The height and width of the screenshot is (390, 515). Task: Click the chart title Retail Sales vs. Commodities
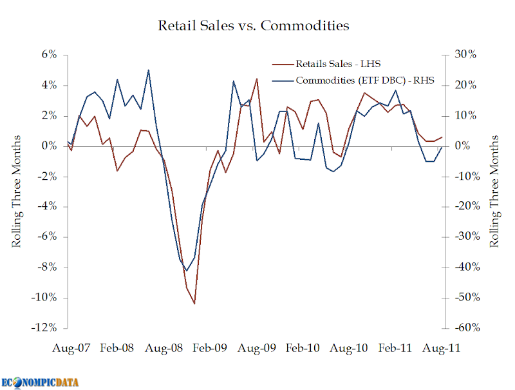tap(254, 26)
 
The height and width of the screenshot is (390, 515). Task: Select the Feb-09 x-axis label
tap(210, 348)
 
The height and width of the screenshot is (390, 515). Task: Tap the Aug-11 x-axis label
tap(442, 348)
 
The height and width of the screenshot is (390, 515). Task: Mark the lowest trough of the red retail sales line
tap(194, 304)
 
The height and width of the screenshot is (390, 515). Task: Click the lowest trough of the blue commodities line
tap(187, 271)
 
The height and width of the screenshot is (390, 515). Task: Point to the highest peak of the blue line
tap(148, 70)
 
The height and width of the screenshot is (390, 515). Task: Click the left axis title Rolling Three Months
tap(17, 191)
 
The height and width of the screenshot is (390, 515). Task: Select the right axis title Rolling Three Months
tap(494, 191)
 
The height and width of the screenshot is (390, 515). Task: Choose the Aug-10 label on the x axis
tap(348, 348)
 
